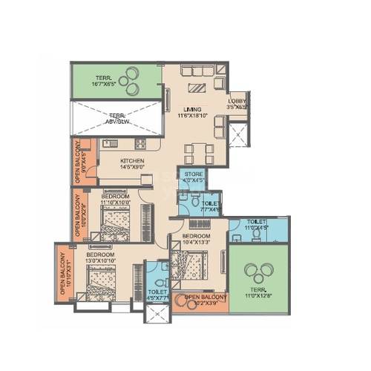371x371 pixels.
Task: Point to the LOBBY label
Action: [237, 101]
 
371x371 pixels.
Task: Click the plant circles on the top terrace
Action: [131, 75]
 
